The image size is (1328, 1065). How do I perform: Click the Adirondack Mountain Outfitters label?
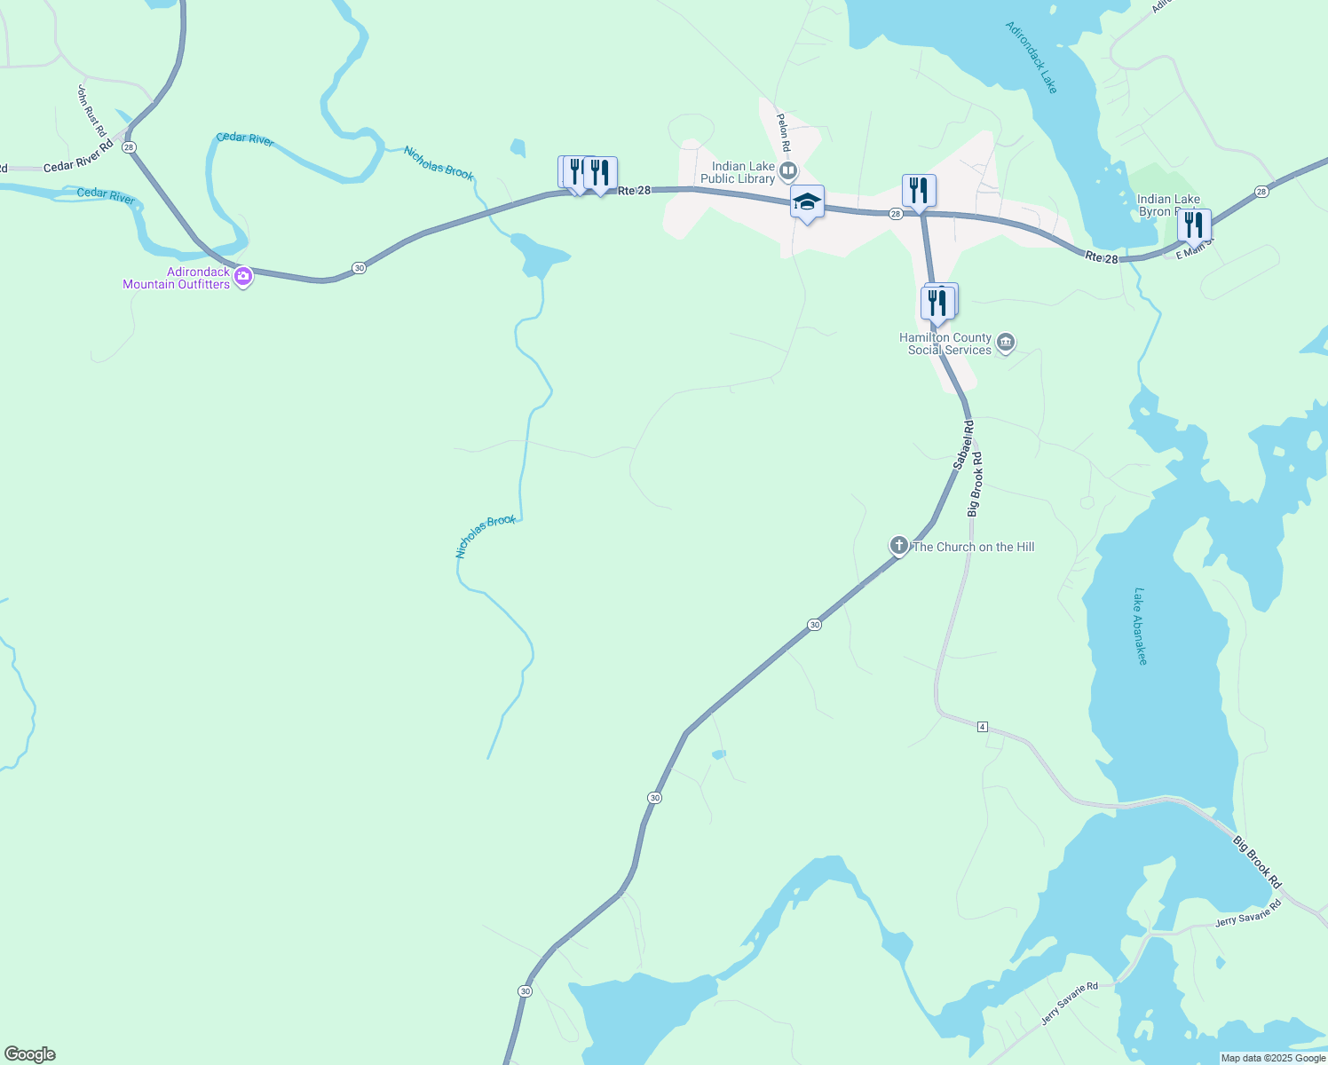[176, 278]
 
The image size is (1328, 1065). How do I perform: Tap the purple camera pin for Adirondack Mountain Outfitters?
[243, 277]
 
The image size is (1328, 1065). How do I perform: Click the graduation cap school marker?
[807, 203]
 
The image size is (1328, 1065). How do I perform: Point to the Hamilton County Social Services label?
[945, 343]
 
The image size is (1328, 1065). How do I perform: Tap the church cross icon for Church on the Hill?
[898, 545]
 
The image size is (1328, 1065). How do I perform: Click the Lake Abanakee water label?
[1141, 626]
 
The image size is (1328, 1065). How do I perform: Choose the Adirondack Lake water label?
[1032, 57]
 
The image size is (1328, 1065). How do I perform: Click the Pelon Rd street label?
[783, 131]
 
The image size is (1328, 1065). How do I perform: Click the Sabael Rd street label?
[963, 446]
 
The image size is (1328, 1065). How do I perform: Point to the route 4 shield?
[982, 727]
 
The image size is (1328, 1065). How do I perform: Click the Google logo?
[30, 1054]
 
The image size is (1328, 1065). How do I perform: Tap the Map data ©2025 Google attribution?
[1273, 1058]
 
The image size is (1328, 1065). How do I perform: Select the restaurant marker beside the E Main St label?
[1194, 225]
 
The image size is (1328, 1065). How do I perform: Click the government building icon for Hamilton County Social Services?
[1006, 343]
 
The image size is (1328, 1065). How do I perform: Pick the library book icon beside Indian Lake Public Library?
[788, 170]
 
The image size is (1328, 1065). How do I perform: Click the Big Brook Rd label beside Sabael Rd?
[975, 485]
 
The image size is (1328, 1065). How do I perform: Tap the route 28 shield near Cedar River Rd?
[130, 146]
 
